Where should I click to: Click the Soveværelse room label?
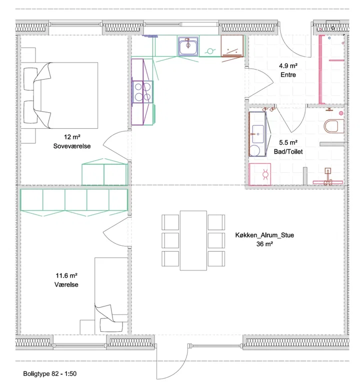[72, 146]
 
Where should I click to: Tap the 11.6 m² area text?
[66, 275]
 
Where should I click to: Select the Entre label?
[288, 75]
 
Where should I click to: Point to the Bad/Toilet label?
[288, 152]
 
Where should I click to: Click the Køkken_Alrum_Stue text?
[264, 235]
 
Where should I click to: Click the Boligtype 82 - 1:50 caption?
[49, 373]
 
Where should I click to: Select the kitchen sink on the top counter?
[188, 46]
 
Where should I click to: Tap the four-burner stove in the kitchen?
[142, 92]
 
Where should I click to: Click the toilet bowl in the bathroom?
[333, 126]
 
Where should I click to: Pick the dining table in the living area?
[193, 240]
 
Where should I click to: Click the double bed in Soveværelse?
[59, 96]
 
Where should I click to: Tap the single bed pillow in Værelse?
[111, 325]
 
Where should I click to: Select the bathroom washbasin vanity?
[257, 134]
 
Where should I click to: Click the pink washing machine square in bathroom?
[259, 174]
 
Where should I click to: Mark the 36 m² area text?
[264, 244]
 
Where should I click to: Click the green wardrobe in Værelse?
[74, 200]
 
